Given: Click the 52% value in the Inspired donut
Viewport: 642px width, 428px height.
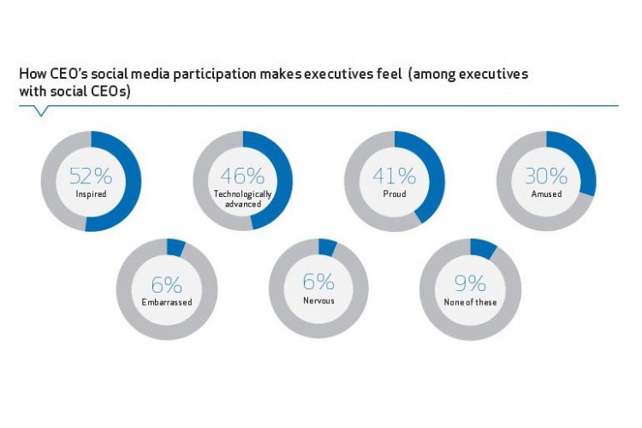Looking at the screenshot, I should (90, 175).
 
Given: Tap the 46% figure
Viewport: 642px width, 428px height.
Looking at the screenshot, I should (242, 175).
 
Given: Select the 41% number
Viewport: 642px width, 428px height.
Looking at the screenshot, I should (394, 175).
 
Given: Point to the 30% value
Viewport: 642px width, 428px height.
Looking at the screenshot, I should (546, 175).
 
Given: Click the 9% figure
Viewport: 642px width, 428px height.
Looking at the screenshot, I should (470, 283).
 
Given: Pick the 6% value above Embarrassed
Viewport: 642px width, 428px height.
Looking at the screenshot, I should (166, 283).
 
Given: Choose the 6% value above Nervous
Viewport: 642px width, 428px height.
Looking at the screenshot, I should (318, 283).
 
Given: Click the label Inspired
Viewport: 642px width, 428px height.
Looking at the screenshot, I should (90, 194).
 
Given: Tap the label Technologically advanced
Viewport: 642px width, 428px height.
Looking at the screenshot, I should (242, 199).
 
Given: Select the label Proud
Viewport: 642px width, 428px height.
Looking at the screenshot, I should (394, 194).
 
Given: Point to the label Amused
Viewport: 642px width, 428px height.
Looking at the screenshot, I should (546, 194).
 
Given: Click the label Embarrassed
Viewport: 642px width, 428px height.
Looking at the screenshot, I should (166, 302).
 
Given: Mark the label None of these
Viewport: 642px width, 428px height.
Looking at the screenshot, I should (470, 302).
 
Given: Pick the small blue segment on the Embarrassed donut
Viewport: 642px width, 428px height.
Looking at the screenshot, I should (175, 247).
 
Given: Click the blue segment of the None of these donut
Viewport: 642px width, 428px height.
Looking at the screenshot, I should (482, 249).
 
